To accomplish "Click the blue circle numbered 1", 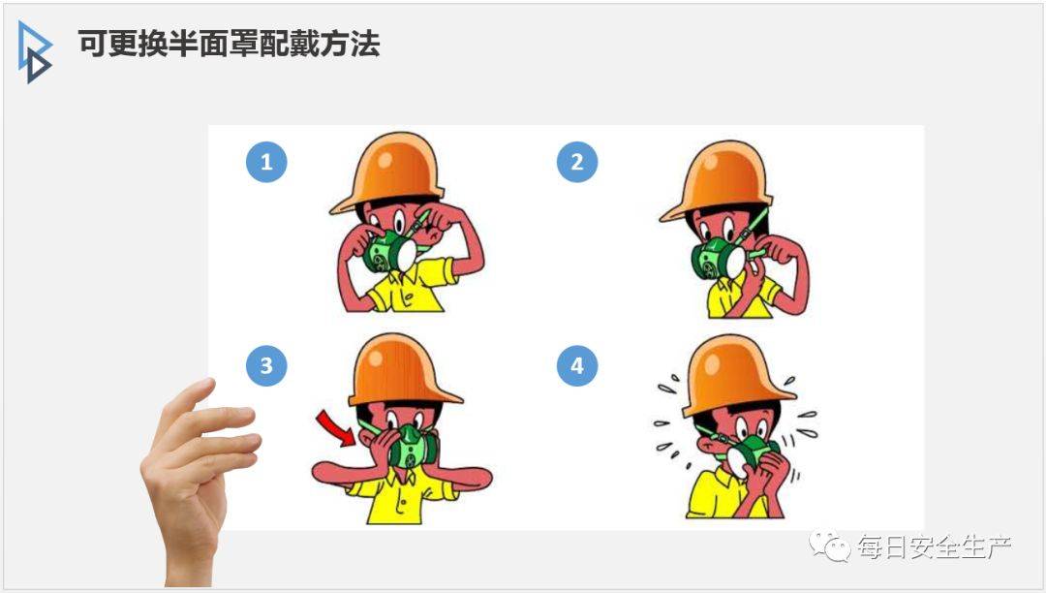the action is coord(266,162).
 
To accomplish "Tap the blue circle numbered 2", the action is coord(577,162).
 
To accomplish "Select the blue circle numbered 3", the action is coord(266,365).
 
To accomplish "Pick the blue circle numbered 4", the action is coord(577,365).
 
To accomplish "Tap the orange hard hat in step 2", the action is coord(717,178).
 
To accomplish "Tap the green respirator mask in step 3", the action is coord(413,447).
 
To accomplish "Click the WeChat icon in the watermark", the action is coord(829,546).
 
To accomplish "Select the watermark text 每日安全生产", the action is coord(935,546).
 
